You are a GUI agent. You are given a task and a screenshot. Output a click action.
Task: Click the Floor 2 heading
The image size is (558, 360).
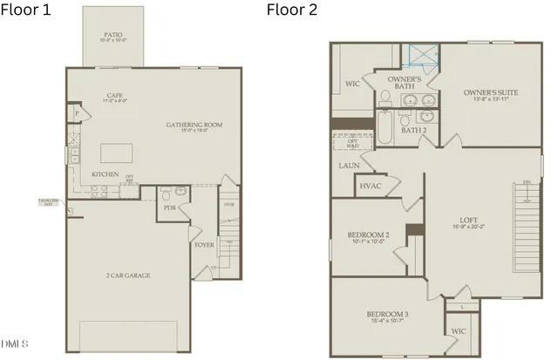(x=293, y=10)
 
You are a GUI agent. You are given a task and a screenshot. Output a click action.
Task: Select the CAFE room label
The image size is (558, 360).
(x=114, y=97)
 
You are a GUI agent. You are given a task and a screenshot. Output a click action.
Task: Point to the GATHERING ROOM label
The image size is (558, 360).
(x=194, y=126)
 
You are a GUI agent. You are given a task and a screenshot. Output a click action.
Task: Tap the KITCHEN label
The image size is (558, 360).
(x=105, y=174)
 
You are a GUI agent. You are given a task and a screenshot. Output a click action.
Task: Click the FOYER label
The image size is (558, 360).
(x=204, y=245)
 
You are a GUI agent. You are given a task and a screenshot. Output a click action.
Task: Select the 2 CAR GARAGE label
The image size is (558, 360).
(x=127, y=275)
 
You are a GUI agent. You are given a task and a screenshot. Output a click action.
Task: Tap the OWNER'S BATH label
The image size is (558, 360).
(x=405, y=83)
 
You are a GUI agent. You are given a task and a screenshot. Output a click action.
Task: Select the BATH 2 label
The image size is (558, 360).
(x=413, y=130)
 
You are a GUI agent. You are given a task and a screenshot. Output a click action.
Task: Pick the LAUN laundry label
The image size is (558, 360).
(x=348, y=164)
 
